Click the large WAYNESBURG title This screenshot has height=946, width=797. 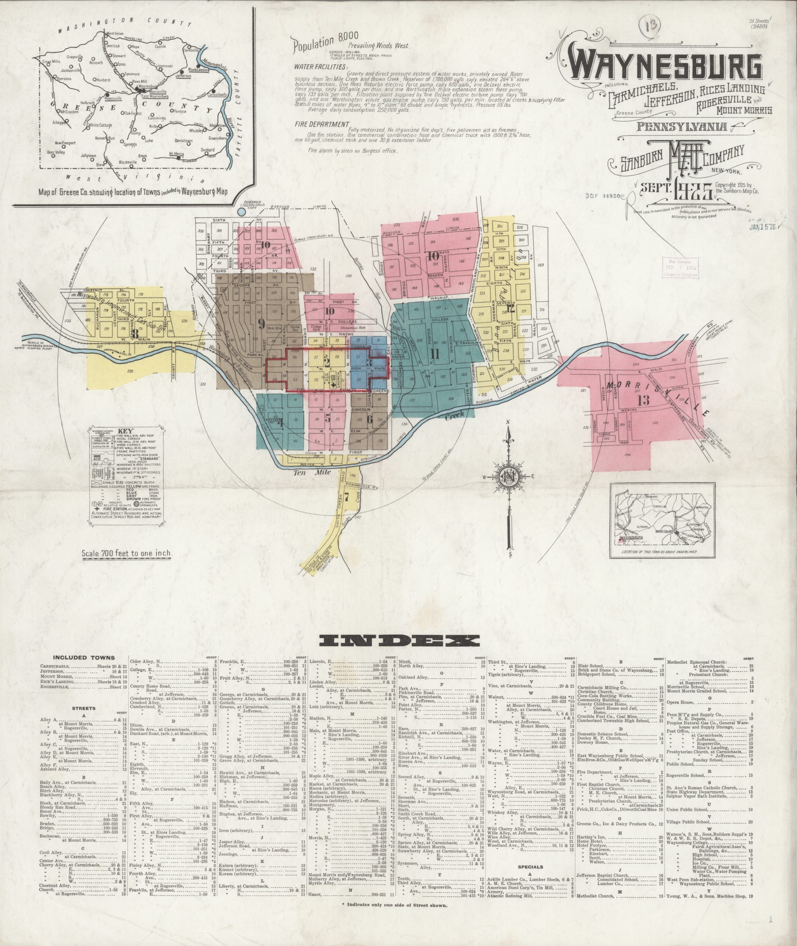tap(664, 67)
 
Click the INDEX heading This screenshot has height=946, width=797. tap(398, 640)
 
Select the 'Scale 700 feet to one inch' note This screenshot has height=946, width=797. tap(127, 553)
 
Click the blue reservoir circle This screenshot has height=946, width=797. tap(242, 211)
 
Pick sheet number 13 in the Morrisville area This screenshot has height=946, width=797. tap(643, 399)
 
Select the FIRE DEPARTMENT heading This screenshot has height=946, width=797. tap(322, 124)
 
